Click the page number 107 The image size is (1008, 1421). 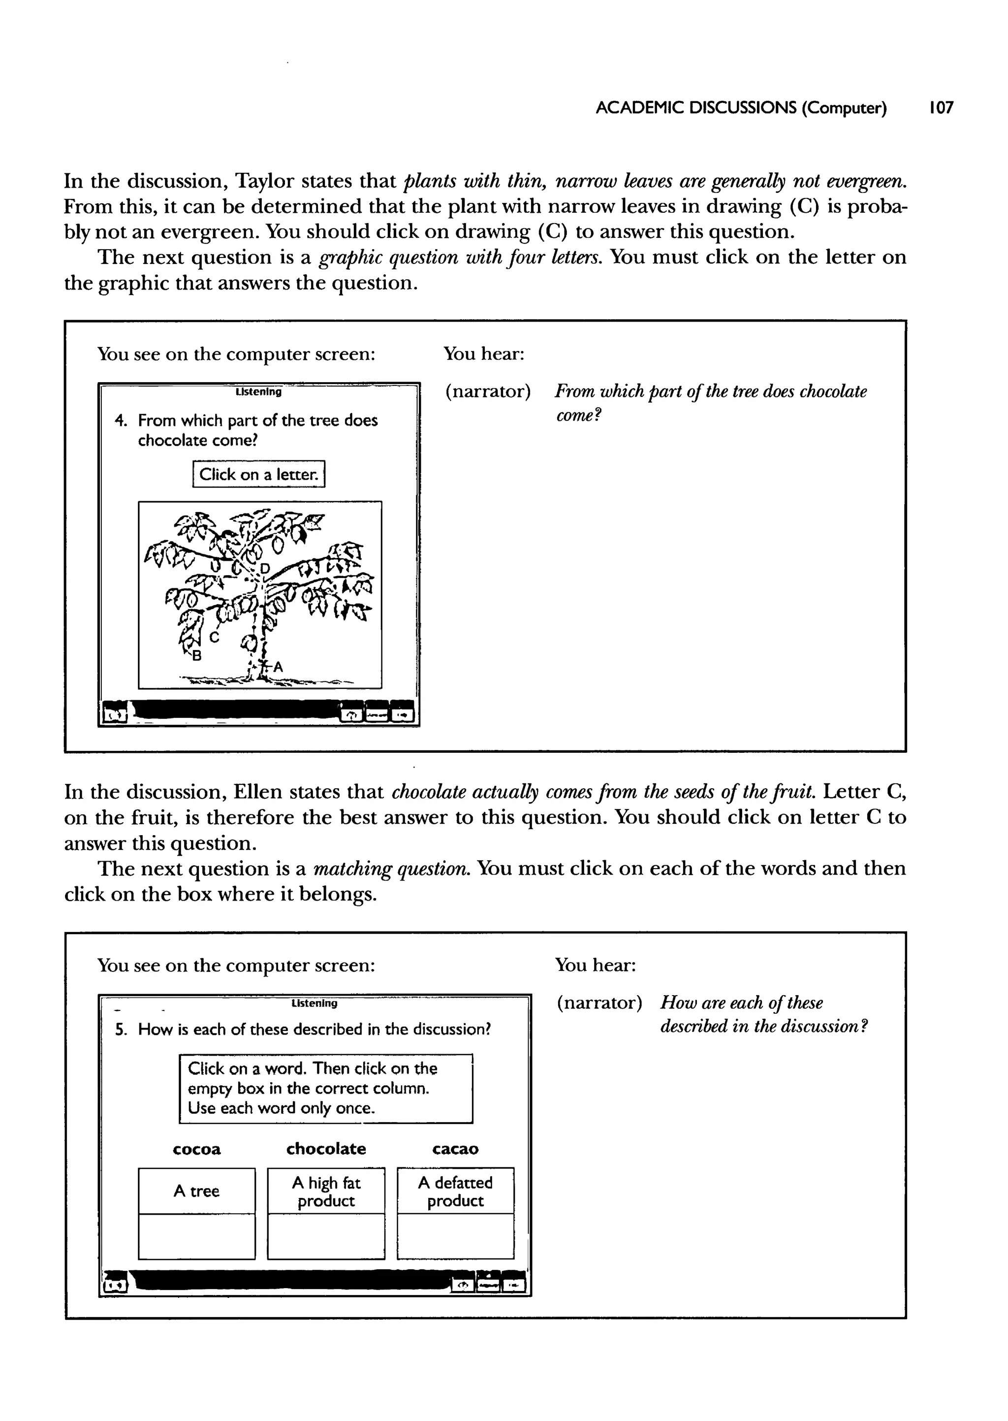coord(941,108)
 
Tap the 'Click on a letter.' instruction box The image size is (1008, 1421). coord(258,474)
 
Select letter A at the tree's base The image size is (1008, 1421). coord(278,667)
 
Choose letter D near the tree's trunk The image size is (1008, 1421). coord(265,568)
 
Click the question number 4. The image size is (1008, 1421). coord(121,420)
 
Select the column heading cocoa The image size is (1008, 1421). coord(196,1149)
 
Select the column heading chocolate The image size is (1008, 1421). coord(326,1149)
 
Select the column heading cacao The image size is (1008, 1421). coord(455,1149)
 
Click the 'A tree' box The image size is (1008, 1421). coord(196,1191)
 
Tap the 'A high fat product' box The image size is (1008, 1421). coord(326,1191)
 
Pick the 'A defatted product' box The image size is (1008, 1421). coord(455,1191)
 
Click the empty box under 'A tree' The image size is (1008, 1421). coord(196,1236)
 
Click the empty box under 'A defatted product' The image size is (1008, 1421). coord(455,1236)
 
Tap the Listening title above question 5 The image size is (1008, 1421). coord(314,1003)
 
